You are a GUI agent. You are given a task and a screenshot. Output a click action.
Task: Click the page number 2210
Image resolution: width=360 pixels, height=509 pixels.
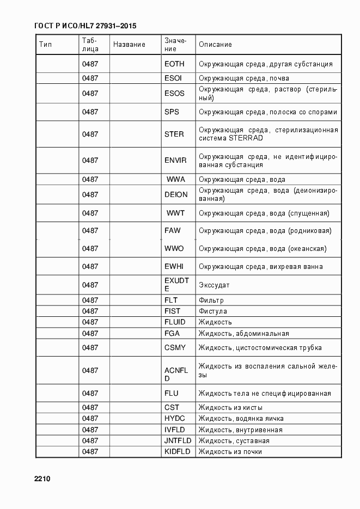(x=42, y=479)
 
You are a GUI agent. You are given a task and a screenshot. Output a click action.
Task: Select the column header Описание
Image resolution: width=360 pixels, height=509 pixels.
(x=215, y=45)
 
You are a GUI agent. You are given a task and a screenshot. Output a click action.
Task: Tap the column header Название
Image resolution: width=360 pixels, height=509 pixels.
(x=129, y=45)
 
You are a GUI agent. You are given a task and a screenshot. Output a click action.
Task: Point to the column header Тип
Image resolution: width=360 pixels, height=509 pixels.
(x=45, y=45)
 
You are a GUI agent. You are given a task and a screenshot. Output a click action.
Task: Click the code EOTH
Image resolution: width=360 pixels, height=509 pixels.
(x=174, y=64)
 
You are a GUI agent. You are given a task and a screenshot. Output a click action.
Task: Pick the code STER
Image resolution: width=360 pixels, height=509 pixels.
(x=174, y=134)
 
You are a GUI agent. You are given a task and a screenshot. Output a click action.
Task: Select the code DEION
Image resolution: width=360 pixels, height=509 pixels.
(x=176, y=194)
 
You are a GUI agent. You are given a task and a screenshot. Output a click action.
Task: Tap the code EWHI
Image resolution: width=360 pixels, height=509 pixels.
(x=174, y=266)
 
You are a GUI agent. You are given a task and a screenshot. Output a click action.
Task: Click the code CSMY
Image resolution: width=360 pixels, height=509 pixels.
(x=175, y=347)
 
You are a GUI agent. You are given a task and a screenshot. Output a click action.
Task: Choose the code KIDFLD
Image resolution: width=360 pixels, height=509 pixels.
(x=177, y=451)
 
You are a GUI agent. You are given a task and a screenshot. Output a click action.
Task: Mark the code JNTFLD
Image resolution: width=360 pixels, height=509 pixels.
(x=177, y=440)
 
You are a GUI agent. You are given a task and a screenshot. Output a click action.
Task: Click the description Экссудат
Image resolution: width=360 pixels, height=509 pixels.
(x=214, y=285)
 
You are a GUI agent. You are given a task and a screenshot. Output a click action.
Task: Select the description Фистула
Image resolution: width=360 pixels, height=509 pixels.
(x=213, y=311)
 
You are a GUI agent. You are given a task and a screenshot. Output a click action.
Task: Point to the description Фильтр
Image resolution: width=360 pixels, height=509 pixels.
(x=211, y=300)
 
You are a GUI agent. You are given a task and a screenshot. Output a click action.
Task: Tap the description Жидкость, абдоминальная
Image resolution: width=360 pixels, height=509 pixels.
(x=243, y=333)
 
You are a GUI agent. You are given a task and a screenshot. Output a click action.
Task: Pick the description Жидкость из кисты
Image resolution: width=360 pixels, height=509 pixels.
(x=230, y=407)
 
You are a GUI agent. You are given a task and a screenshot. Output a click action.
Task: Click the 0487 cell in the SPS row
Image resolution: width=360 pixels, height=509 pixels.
(x=90, y=112)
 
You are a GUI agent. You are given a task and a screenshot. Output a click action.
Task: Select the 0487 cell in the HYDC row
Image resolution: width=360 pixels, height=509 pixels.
(x=90, y=418)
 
